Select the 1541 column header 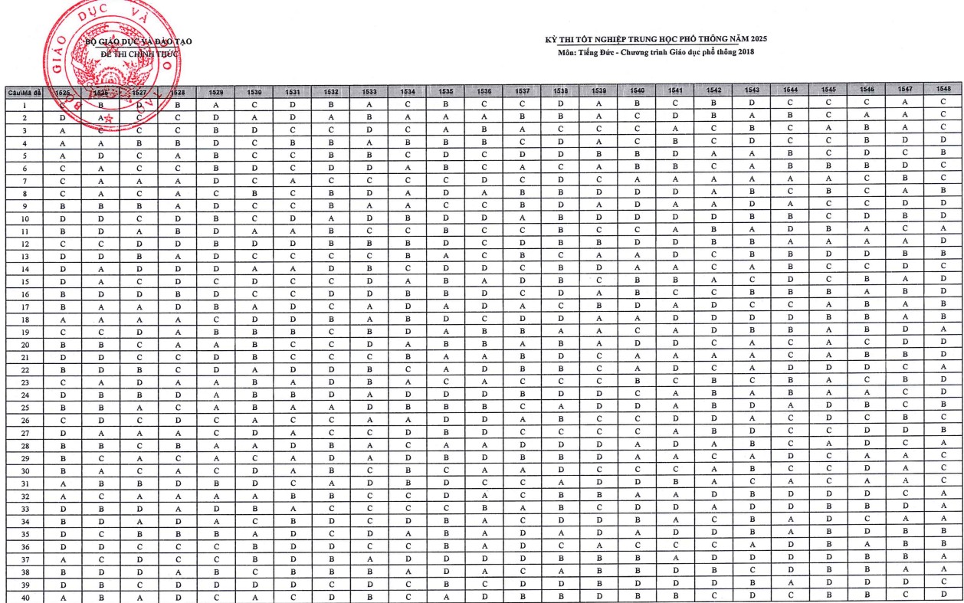point(675,91)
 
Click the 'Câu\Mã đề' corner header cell point(24,93)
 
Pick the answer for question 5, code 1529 point(217,156)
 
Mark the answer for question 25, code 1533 point(369,407)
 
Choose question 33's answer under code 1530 point(255,507)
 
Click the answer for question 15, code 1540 point(637,281)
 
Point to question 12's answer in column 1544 point(790,242)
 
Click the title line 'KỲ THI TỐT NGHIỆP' point(656,39)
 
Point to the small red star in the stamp point(109,118)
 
